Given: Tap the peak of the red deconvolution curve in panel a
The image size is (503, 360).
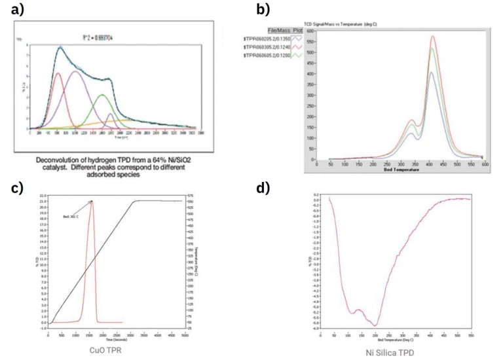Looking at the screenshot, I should point(58,73).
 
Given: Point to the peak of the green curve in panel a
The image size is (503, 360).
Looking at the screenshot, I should point(102,95).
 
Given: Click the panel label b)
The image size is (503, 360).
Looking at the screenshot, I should point(263,9).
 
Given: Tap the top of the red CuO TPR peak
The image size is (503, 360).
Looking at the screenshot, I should point(92,202).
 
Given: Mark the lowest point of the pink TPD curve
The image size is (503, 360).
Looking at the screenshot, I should point(375,325).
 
